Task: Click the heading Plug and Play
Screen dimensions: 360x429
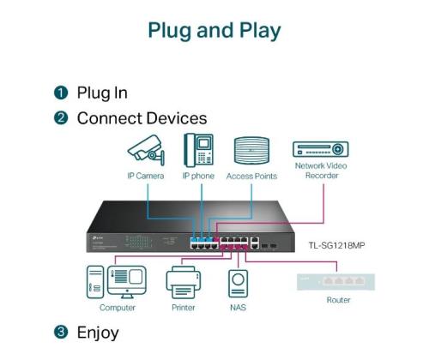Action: point(214,31)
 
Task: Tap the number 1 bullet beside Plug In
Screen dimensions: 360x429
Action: point(61,93)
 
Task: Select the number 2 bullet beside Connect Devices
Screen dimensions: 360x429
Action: point(61,118)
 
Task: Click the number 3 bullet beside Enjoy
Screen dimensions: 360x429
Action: point(61,332)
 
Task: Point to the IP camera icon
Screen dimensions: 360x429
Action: point(145,150)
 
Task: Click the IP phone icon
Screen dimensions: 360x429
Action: point(197,151)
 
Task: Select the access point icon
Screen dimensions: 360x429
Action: point(251,151)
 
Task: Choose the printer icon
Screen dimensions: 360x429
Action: point(182,281)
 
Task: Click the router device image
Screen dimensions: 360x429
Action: point(337,280)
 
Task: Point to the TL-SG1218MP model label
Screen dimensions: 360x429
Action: point(336,244)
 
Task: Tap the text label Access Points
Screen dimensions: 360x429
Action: point(251,176)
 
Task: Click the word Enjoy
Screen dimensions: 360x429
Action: point(98,332)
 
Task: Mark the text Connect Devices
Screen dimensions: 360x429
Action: point(142,118)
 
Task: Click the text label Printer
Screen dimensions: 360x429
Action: point(182,307)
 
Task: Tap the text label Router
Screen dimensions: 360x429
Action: point(338,300)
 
